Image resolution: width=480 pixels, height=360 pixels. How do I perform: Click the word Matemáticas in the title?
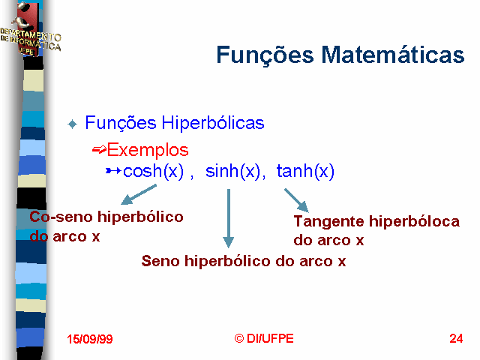click(393, 55)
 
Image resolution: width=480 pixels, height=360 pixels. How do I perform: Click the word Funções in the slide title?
click(265, 55)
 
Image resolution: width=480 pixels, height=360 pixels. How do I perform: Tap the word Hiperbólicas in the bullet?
click(213, 123)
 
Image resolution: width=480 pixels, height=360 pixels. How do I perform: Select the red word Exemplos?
click(148, 150)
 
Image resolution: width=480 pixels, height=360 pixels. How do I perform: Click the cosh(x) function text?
click(153, 171)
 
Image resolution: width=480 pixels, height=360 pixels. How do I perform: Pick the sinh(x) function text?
click(232, 171)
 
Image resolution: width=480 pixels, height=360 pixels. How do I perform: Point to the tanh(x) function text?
click(305, 171)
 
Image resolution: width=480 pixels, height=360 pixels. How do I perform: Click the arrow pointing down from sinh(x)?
click(228, 218)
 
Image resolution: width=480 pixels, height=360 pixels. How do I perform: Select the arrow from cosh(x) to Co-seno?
click(139, 194)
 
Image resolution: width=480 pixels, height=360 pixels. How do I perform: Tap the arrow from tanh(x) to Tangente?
click(296, 200)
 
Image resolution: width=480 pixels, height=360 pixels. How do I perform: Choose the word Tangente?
click(328, 222)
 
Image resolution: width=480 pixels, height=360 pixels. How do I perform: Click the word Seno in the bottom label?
click(160, 261)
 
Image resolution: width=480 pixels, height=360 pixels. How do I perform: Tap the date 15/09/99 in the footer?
click(90, 339)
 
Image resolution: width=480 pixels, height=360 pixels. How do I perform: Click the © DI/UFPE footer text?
click(264, 338)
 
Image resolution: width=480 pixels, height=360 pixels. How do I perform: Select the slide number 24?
click(456, 338)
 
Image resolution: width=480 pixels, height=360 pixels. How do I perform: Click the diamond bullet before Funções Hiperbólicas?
click(73, 124)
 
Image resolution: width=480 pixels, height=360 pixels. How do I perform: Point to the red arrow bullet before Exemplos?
click(99, 150)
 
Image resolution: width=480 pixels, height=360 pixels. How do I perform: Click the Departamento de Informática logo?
click(30, 30)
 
